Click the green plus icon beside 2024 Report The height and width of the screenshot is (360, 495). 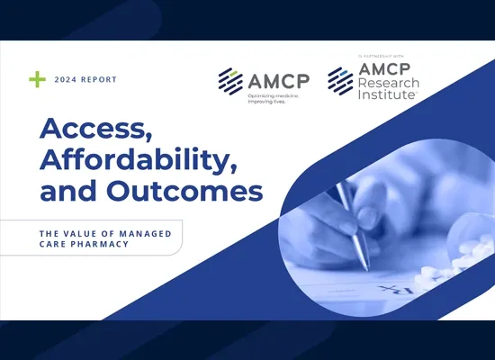pyautogui.click(x=37, y=79)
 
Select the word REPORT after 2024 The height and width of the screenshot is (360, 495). pyautogui.click(x=99, y=79)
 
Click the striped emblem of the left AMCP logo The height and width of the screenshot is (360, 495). pyautogui.click(x=230, y=80)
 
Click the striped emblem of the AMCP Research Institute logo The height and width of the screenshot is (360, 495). pyautogui.click(x=340, y=80)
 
